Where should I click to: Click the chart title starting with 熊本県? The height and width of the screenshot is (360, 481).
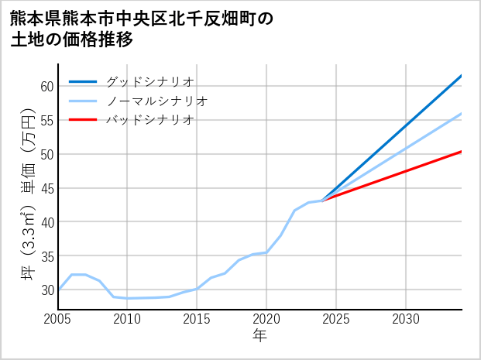pos(143,29)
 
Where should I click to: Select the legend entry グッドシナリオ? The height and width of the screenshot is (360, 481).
pos(149,81)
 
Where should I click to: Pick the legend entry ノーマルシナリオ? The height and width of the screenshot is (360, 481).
pos(156,101)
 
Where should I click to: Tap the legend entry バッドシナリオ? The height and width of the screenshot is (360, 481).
pos(149,120)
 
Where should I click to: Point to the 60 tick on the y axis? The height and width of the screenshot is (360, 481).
pos(46,86)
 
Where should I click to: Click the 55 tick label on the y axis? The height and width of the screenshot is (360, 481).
pos(46,120)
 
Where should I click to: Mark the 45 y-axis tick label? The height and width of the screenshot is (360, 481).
pos(46,188)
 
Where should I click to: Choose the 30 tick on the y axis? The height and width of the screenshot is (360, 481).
pos(46,290)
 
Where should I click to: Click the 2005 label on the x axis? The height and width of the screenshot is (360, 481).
pos(58,319)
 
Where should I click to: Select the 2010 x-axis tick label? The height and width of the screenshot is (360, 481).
pos(128,319)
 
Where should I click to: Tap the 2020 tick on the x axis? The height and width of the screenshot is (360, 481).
pos(266,319)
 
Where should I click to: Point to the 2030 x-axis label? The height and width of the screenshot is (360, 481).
pos(406,319)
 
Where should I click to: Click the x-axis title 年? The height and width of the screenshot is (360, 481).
pos(260,336)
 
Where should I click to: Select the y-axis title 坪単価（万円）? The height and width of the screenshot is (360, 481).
pos(27,198)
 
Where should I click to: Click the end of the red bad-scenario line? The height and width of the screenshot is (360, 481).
pos(462,152)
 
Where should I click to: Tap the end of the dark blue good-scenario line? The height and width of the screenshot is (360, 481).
pos(462,75)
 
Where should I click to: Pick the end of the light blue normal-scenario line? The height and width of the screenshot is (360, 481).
pos(462,114)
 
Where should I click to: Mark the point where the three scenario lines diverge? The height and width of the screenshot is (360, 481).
pos(323,201)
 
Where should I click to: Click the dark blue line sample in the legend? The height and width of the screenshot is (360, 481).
pos(83,81)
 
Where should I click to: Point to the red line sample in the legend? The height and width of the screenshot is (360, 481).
pos(83,120)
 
